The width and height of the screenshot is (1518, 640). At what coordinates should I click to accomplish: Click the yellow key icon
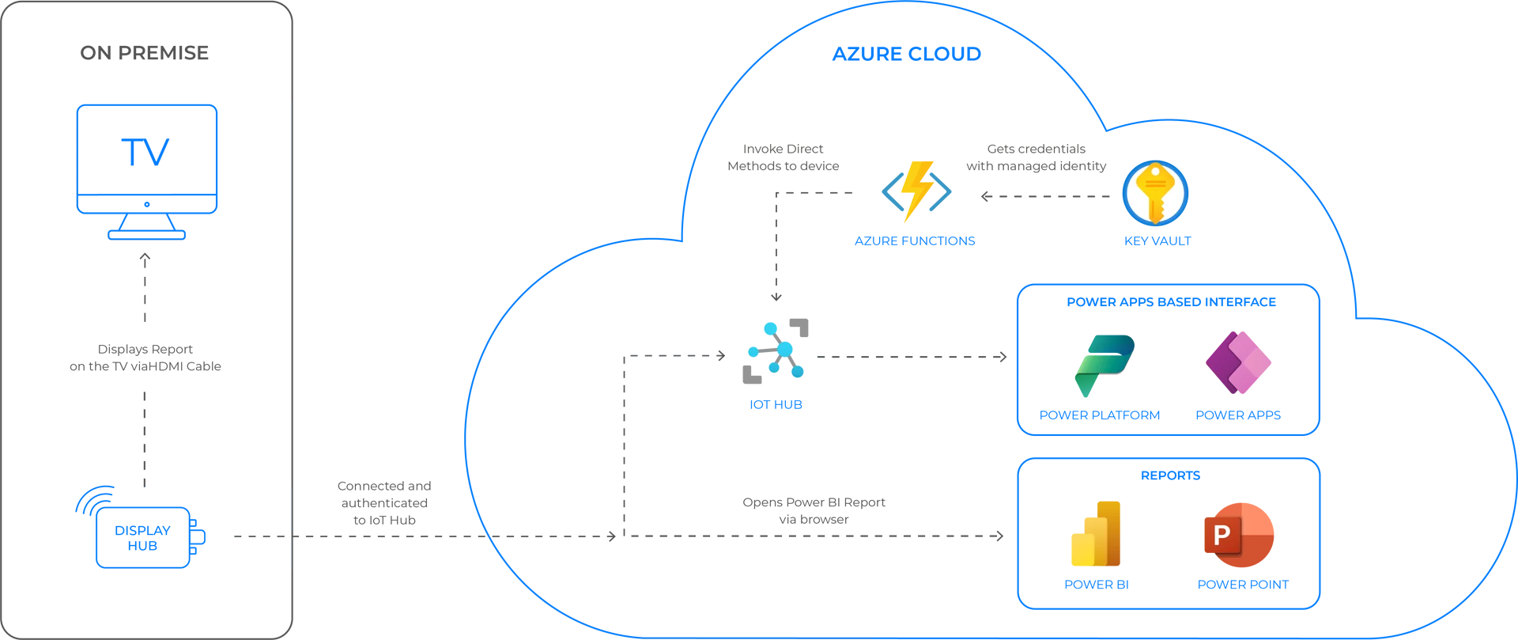tap(1155, 193)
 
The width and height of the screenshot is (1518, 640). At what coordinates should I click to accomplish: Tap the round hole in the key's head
tap(1156, 169)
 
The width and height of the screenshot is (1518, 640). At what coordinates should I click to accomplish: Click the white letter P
tap(1222, 536)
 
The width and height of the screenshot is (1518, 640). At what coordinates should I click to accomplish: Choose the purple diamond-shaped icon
tap(1222, 363)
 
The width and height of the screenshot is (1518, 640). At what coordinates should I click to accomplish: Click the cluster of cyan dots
tap(778, 349)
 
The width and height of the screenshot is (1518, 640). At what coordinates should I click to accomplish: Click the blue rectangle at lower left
tap(192, 528)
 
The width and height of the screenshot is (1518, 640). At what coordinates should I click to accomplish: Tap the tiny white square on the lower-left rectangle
tap(288, 535)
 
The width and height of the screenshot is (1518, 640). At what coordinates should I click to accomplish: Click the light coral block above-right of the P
tap(1281, 518)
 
